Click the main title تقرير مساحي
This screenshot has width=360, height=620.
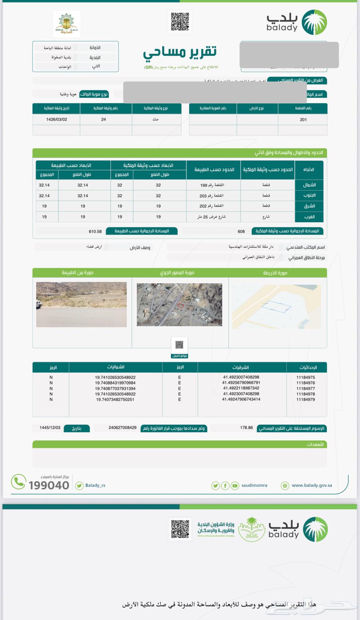point(180,52)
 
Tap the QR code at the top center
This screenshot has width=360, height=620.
point(180,22)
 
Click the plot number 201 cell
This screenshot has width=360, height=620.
point(303,120)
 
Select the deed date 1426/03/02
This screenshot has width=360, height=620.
point(56,120)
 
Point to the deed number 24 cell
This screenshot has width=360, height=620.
point(104,120)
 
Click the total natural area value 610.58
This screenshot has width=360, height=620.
point(95,231)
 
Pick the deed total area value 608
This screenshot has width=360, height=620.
point(241,231)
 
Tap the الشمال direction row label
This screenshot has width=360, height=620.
point(309,185)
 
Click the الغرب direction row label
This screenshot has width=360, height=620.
point(309,217)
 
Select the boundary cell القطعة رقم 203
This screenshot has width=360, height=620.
point(212,196)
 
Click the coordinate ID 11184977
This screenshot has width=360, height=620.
point(306,388)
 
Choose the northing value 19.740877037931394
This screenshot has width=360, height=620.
point(115,388)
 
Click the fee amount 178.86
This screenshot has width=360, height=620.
point(246,428)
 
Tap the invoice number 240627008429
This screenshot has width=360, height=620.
point(122,428)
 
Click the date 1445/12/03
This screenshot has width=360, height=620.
point(50,428)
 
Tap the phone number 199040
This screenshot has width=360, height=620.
point(49,485)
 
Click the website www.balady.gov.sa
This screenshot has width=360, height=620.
point(312,486)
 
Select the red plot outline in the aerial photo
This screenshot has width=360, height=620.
point(180,306)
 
